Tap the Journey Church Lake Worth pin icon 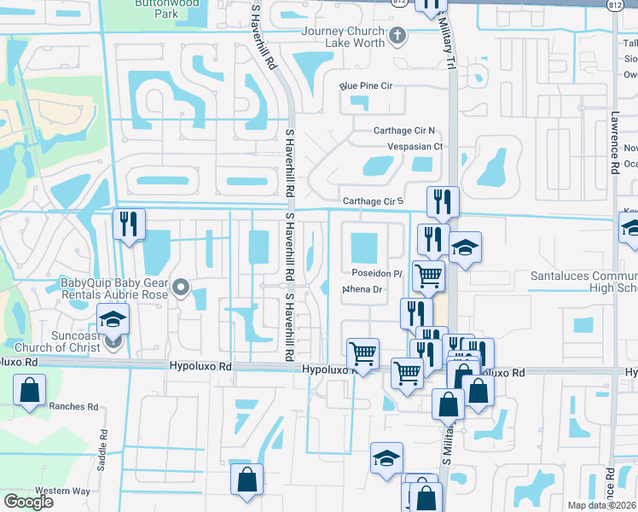click(397, 36)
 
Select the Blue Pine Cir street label click(365, 86)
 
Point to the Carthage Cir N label click(404, 131)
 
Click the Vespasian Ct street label click(415, 146)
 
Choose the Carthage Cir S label click(372, 201)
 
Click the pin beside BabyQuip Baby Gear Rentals click(180, 289)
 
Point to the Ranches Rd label click(73, 407)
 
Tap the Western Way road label click(69, 491)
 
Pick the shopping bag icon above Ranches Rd click(30, 390)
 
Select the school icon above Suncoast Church click(113, 318)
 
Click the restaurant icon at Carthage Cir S click(442, 201)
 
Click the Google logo click(28, 502)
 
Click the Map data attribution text click(602, 505)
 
